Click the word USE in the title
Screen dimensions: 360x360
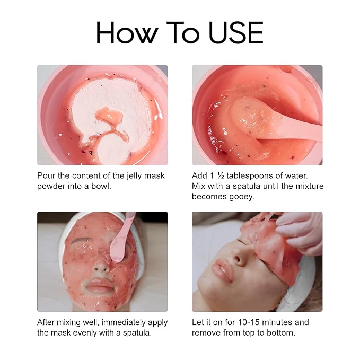click(x=236, y=32)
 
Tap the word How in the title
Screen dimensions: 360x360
click(x=127, y=32)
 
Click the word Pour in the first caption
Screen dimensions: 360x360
click(x=46, y=175)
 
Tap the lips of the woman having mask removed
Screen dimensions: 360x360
click(x=221, y=271)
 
